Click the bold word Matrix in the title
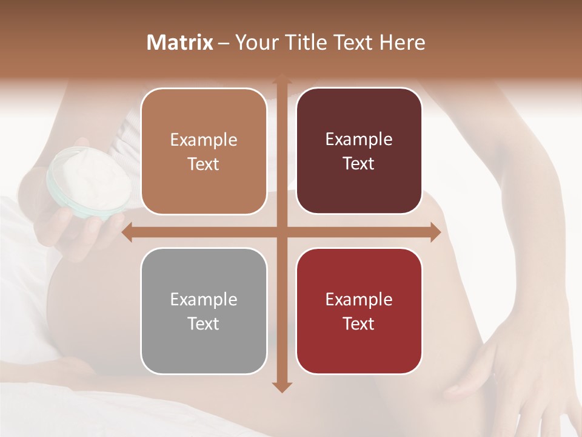pyautogui.click(x=180, y=42)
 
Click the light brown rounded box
pyautogui.click(x=204, y=151)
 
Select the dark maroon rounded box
pyautogui.click(x=359, y=151)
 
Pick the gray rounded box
pyautogui.click(x=204, y=311)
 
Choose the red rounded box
pyautogui.click(x=359, y=311)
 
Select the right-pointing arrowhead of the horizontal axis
pyautogui.click(x=435, y=232)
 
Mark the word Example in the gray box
pyautogui.click(x=204, y=299)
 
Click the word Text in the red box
pyautogui.click(x=359, y=324)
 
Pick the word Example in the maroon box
pyautogui.click(x=359, y=140)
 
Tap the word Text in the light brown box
pyautogui.click(x=204, y=164)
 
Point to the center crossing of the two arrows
pyautogui.click(x=281, y=232)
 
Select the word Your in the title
pyautogui.click(x=254, y=42)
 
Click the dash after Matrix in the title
pyautogui.click(x=224, y=43)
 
